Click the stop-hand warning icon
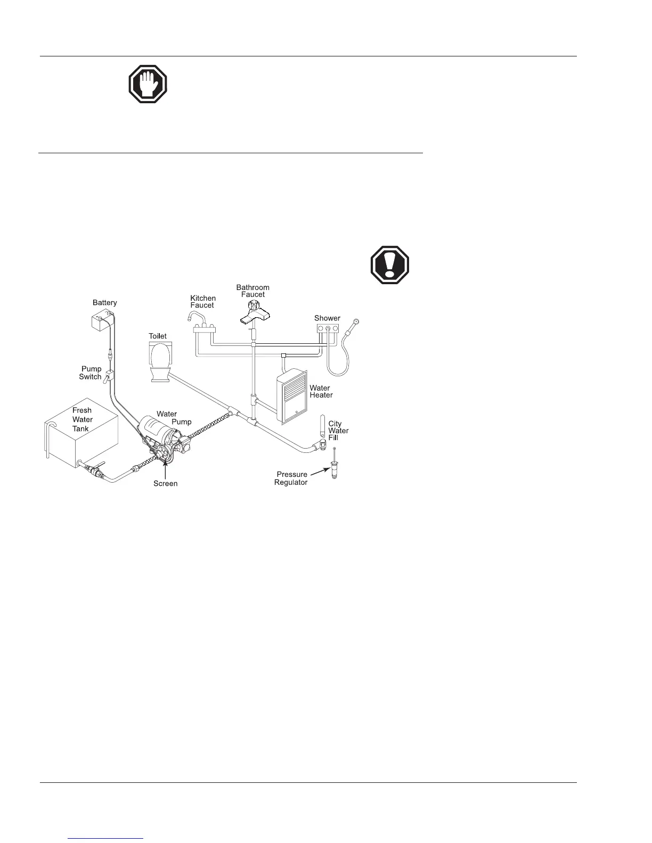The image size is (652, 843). [148, 84]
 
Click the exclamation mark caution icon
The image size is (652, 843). [390, 265]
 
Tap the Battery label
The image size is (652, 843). [104, 303]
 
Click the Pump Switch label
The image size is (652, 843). [91, 373]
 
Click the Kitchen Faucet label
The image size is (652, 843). [203, 302]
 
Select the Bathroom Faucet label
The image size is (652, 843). [253, 291]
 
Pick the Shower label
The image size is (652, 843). [327, 318]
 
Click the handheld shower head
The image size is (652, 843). [355, 322]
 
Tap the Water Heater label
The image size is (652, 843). [321, 392]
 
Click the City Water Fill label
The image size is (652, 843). [338, 431]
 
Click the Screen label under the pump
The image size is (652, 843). [165, 483]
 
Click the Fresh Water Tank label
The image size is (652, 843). [82, 419]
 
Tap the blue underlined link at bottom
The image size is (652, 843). [106, 838]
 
